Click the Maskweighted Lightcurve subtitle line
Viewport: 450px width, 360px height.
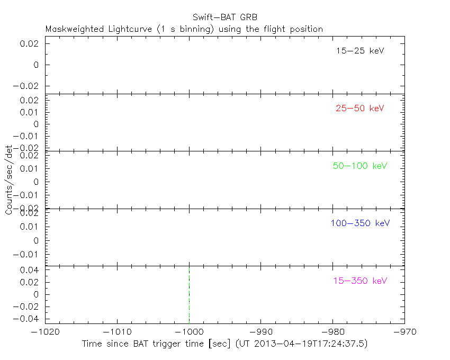coord(184,29)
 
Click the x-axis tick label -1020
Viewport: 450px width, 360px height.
coord(45,332)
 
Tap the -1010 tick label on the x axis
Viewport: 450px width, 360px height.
coord(117,332)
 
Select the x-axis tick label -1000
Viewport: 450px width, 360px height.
coord(189,332)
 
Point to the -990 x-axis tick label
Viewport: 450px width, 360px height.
coord(261,332)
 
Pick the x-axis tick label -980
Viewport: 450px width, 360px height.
coord(332,332)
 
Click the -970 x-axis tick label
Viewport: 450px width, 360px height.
coord(404,332)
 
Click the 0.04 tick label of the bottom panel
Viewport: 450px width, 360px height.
coord(30,270)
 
